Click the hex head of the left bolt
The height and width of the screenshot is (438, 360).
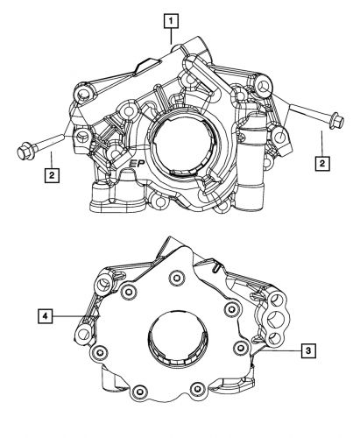(24, 152)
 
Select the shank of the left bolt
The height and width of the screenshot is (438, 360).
(53, 142)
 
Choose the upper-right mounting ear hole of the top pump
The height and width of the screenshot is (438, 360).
(262, 86)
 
